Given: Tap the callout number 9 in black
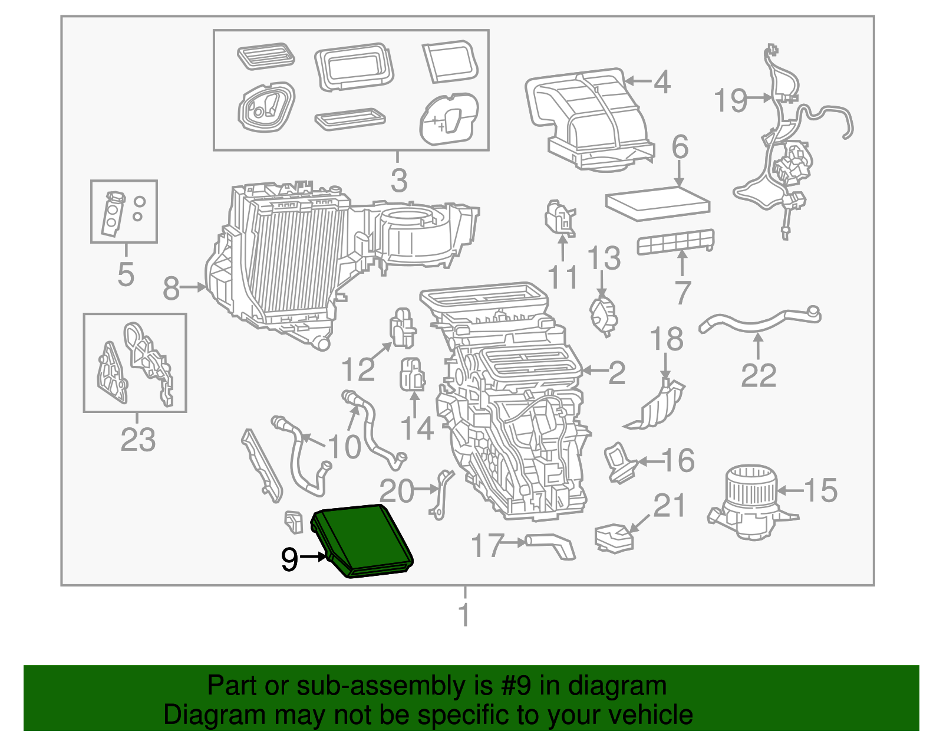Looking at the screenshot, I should (x=289, y=558).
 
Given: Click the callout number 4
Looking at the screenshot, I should (x=662, y=82).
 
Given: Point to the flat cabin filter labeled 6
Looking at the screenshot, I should (x=657, y=202).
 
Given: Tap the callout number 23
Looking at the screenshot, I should (x=138, y=439).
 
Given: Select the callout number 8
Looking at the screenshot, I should (x=171, y=289).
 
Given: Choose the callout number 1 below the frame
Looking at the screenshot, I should (x=464, y=615).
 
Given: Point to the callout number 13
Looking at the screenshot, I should (x=604, y=258).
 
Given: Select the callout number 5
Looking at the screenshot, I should (x=126, y=274).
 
